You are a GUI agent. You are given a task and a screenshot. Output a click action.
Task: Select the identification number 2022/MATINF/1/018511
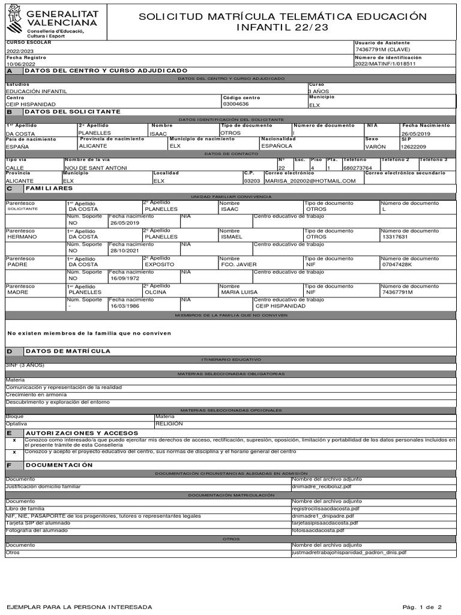384,64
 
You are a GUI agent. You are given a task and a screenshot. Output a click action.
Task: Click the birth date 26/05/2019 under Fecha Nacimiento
416,133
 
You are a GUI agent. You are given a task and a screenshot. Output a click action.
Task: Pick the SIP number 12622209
415,146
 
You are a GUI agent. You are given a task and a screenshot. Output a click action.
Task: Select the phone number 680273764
357,168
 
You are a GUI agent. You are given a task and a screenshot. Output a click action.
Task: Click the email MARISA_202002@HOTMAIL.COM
310,181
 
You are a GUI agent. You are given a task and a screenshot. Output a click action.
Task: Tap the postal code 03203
252,181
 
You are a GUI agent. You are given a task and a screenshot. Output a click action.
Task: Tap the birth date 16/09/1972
125,279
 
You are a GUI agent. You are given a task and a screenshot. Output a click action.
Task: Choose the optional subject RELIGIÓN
169,423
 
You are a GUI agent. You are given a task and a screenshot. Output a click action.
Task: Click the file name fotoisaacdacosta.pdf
318,530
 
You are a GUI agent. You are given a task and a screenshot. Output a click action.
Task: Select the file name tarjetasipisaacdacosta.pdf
324,523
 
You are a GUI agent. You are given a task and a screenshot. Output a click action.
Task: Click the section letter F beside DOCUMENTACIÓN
9,465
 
